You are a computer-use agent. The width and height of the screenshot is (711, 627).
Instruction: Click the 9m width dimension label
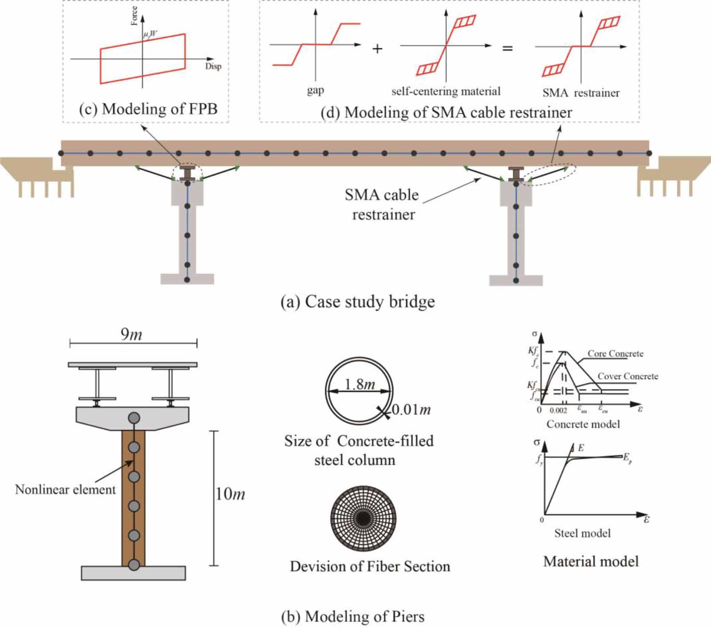click(x=131, y=334)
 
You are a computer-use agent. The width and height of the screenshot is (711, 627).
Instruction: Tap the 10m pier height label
click(x=230, y=494)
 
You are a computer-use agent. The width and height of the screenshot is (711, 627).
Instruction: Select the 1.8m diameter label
click(x=359, y=384)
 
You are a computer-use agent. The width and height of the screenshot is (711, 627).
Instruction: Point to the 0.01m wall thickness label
click(x=411, y=409)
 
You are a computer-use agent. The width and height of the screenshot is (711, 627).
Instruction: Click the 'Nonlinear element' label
click(x=65, y=489)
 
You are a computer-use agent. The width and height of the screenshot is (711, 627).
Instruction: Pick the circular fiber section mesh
click(x=363, y=518)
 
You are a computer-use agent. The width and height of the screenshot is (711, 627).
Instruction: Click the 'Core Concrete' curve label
click(x=615, y=353)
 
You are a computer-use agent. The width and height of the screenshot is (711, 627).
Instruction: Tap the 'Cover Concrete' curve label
click(x=627, y=376)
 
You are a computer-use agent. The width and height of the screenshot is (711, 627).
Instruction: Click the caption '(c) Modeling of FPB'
click(x=148, y=109)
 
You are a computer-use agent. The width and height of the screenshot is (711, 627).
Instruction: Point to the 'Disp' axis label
click(x=213, y=67)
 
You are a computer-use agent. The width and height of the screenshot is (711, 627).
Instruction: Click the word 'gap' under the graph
click(x=315, y=90)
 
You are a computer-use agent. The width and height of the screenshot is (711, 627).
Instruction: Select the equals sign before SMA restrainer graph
click(x=507, y=48)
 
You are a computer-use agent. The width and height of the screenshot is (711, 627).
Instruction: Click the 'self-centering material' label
click(x=446, y=91)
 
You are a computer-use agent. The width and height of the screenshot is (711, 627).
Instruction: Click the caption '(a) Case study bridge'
click(x=358, y=302)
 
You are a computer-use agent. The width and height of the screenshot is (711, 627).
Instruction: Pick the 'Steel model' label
click(x=582, y=533)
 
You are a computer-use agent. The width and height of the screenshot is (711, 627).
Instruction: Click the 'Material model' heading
click(x=591, y=561)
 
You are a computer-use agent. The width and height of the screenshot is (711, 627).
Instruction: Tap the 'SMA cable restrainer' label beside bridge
click(x=382, y=205)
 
